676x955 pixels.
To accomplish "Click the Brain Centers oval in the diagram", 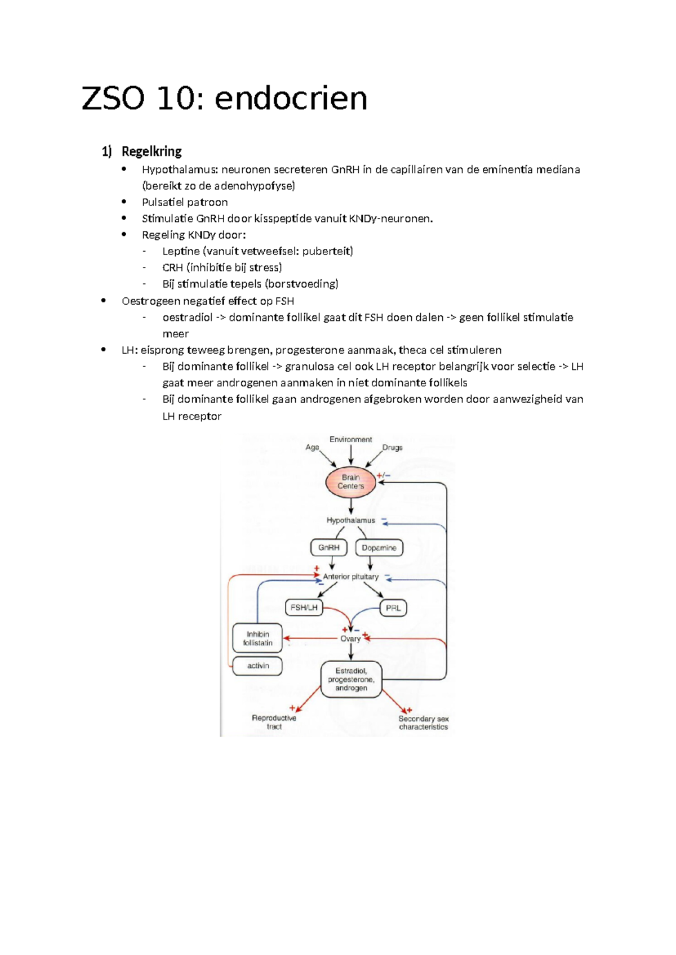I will tap(350, 482).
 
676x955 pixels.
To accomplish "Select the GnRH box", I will tap(328, 547).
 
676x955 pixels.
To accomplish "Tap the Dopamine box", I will tap(379, 547).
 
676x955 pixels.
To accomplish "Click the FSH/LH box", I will tap(304, 608).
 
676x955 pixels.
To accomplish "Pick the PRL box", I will tap(393, 608).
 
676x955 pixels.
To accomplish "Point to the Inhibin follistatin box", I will tap(257, 639).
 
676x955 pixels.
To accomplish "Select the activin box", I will tap(257, 666).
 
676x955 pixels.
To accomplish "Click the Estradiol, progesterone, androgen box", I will tap(351, 679).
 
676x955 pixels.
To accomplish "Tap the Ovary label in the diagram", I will tap(350, 639).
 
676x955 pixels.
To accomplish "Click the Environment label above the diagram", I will tap(350, 439).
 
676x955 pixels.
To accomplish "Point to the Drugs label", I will tap(392, 448).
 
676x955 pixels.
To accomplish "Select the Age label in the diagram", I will tap(312, 447).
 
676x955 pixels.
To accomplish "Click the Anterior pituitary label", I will tap(350, 577).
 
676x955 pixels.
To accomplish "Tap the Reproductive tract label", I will tap(274, 722).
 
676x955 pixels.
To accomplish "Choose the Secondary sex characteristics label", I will tap(423, 722).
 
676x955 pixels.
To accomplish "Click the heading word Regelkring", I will tap(152, 151).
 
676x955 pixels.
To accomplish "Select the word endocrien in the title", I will tap(291, 99).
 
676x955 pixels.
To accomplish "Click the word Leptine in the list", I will tap(181, 251).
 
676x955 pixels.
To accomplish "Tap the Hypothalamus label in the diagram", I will tap(350, 520).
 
